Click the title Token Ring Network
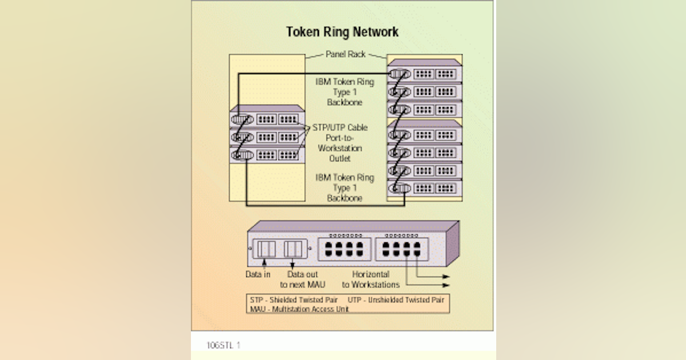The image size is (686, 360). [342, 32]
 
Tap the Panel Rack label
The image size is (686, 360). [345, 54]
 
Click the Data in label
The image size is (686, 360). [258, 274]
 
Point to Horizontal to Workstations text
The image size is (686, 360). [370, 279]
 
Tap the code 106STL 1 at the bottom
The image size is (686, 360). [224, 345]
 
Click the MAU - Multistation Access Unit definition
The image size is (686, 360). [299, 309]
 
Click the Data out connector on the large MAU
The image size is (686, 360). [293, 249]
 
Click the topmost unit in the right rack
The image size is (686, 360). [425, 73]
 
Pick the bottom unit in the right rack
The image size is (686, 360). [425, 188]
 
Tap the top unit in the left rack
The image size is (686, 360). [266, 119]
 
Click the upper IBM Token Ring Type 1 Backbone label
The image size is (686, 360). [345, 91]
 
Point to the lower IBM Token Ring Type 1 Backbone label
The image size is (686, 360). [345, 187]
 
